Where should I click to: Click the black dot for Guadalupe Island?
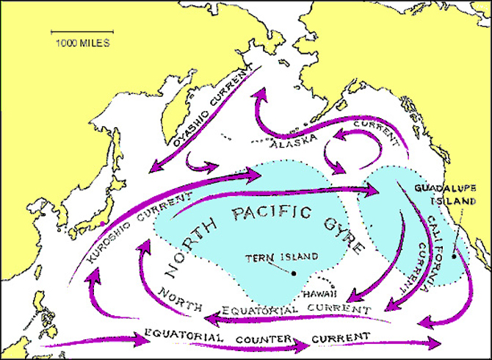tap(455, 256)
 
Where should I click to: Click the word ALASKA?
tap(293, 143)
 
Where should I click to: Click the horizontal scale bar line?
tap(81, 32)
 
